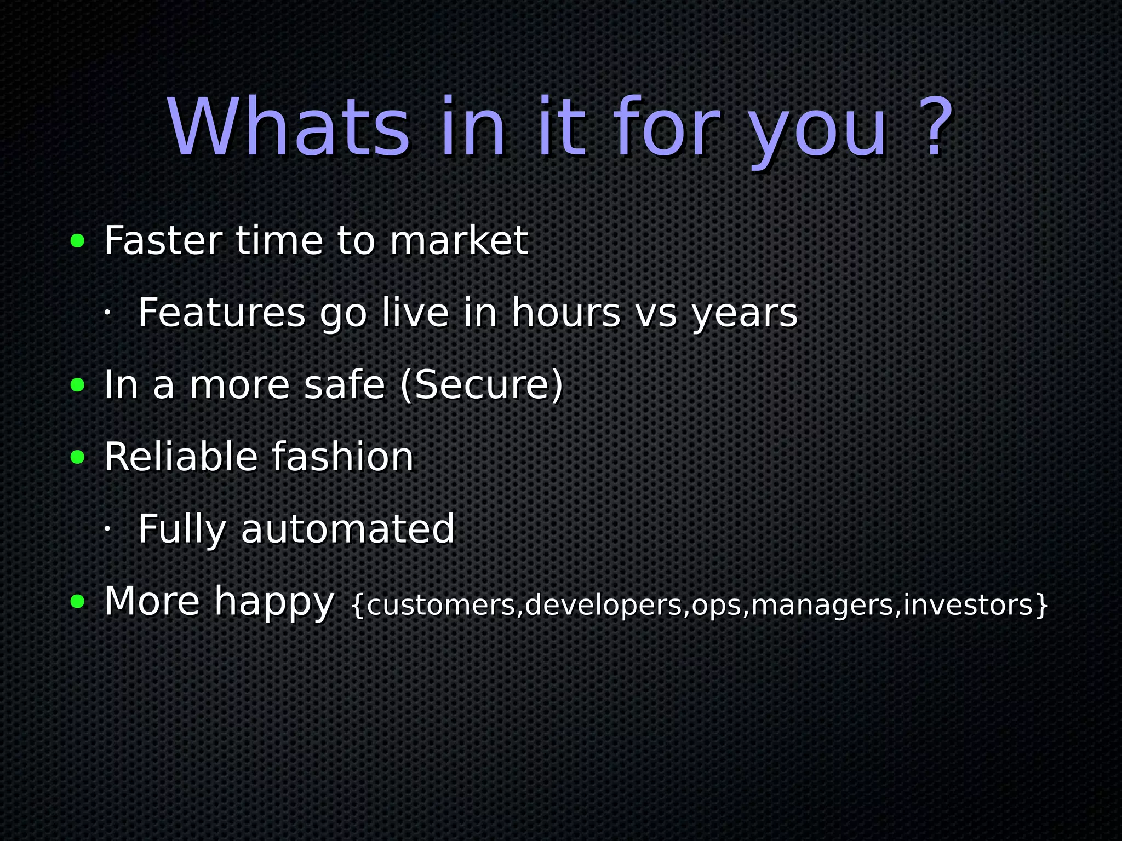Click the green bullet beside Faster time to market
coord(78,241)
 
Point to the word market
coord(459,241)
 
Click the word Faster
coord(163,241)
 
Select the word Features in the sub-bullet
coord(221,313)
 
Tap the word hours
coord(566,313)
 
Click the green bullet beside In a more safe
coord(78,385)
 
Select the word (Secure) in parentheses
coord(482,385)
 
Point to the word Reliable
coord(181,457)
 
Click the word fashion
coord(342,457)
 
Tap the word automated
coord(348,529)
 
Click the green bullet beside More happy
coord(78,601)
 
